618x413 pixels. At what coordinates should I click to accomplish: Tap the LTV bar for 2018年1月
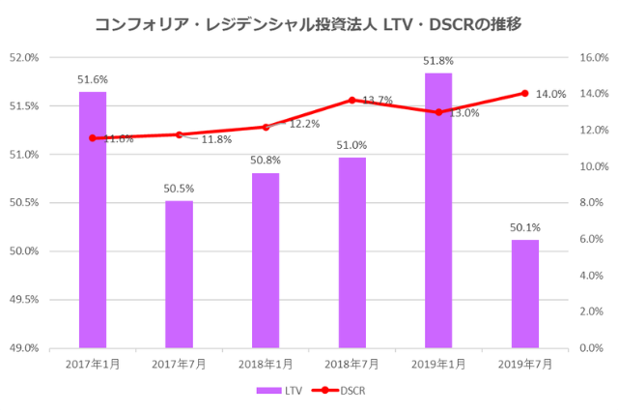coord(266,260)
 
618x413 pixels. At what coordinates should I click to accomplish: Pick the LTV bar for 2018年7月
coord(351,251)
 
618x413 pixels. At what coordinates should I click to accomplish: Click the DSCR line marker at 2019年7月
coord(524,93)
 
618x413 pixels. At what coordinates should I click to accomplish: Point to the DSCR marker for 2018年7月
coord(351,100)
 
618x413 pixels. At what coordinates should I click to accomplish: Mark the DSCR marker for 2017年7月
coord(179,134)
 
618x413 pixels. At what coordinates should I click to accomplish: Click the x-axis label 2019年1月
coord(438,364)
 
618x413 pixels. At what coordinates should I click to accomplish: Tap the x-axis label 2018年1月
coord(266,364)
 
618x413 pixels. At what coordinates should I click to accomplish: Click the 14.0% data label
coord(550,94)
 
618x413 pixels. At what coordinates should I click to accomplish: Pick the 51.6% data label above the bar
coord(93,77)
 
